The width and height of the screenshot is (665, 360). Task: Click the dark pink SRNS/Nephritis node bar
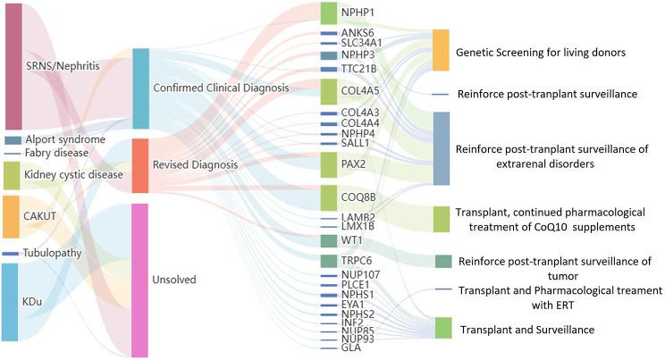click(13, 66)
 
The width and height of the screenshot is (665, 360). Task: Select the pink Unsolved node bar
click(139, 280)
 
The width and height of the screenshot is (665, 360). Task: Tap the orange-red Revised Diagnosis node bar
click(140, 165)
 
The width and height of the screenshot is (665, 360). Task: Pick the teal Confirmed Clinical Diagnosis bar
click(141, 88)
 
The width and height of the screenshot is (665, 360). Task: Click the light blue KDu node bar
click(10, 302)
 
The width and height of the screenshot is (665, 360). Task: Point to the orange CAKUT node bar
click(11, 216)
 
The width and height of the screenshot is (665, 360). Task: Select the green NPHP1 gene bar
click(329, 13)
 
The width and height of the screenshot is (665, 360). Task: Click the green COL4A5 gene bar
click(329, 92)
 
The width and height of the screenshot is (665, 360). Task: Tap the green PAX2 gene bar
click(329, 165)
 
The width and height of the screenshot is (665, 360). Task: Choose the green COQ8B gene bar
click(329, 197)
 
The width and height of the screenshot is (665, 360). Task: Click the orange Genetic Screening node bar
click(441, 50)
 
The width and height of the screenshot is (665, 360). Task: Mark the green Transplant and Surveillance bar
click(443, 328)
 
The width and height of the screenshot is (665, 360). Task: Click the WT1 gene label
click(352, 241)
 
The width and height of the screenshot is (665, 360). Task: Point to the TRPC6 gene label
click(357, 260)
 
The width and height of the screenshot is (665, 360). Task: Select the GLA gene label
click(351, 348)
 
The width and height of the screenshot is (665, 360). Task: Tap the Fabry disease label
click(57, 153)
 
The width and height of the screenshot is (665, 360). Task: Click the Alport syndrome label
click(65, 140)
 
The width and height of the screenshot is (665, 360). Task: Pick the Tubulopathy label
click(52, 253)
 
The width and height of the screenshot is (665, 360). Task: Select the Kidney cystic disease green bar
click(12, 176)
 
